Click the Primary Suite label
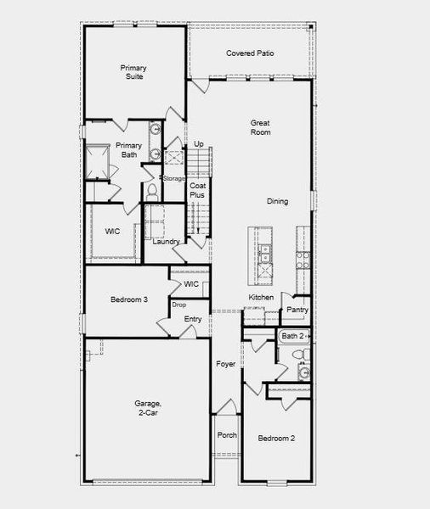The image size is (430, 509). pos(132,71)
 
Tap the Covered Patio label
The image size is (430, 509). pos(250,53)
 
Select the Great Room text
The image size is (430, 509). pos(260,127)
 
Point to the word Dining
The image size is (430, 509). pos(277,201)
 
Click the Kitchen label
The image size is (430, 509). pos(261,297)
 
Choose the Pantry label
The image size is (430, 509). pos(297,310)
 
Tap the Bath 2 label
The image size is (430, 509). pos(292,336)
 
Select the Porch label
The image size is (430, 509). pos(227,436)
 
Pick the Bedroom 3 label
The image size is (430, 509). pos(129,299)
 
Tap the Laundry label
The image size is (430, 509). pos(166,242)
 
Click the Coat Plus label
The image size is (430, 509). pos(197,190)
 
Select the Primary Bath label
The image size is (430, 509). pos(129,150)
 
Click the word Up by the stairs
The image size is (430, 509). pos(199,144)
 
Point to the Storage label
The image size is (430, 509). pos(174,178)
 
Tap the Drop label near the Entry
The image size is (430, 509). pos(178,305)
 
